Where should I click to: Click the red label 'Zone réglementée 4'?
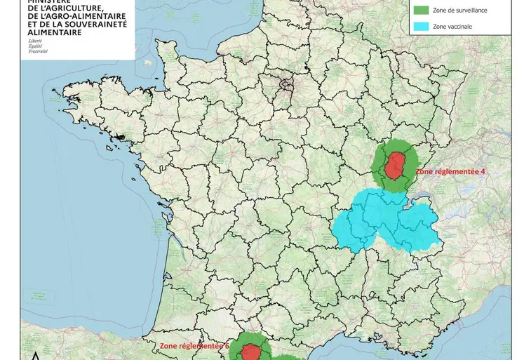click(451, 171)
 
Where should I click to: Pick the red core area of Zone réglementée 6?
click(251, 352)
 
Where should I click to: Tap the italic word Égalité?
click(36, 46)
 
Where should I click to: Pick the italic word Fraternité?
click(39, 52)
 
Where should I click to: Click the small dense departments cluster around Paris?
click(286, 86)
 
